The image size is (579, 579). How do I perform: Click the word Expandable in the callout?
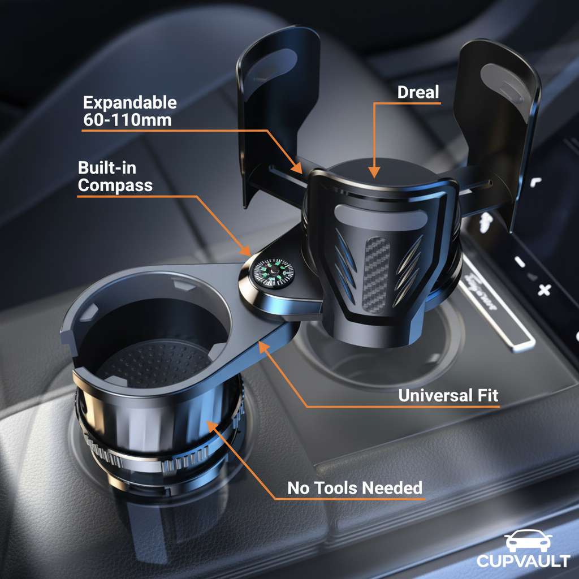130,103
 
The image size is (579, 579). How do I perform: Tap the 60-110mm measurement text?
127,120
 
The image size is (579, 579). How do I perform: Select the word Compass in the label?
115,185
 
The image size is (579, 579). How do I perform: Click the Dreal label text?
418,92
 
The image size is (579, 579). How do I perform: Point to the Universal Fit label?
448,395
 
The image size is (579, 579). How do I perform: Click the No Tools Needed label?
355,488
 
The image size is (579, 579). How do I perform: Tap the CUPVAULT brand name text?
523,560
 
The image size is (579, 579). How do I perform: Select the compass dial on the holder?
274,274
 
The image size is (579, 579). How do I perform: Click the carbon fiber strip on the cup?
376,275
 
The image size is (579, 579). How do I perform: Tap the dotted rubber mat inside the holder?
155,364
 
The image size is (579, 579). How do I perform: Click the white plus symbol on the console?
544,289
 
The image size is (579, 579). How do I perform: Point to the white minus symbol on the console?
520,262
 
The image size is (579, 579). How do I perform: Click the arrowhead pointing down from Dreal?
374,172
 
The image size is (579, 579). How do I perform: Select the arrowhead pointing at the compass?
245,250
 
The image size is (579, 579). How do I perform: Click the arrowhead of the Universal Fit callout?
263,347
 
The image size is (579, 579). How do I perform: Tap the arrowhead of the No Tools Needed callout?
211,426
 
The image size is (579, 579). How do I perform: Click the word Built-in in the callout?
107,168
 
